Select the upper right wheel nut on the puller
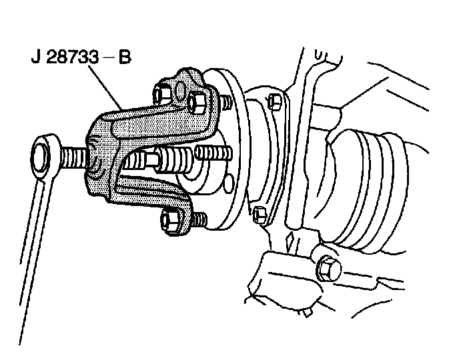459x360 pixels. (x=197, y=101)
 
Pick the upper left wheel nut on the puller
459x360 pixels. (x=162, y=92)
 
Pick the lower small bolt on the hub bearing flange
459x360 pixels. (x=261, y=213)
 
